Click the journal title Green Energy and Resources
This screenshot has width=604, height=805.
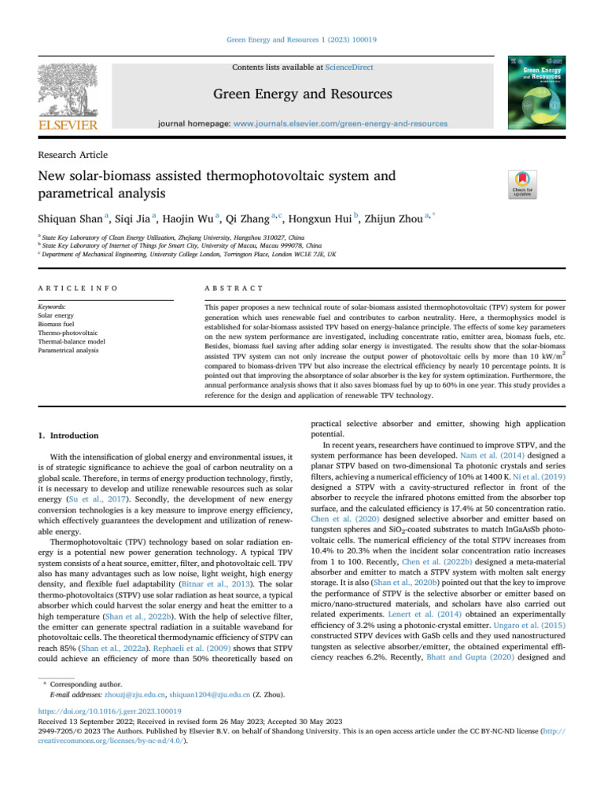click(302, 95)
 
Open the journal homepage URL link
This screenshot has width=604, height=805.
click(341, 124)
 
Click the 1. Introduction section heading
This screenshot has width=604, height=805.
click(69, 436)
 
